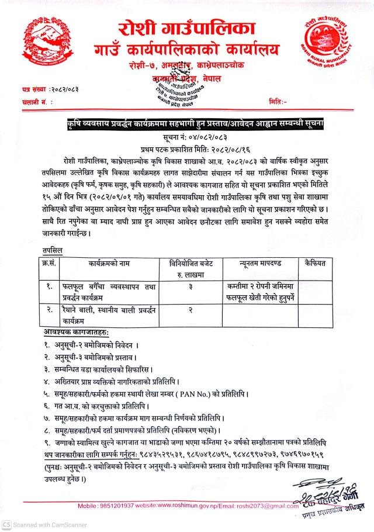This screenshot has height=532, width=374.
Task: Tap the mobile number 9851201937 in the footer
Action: click(122, 505)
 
